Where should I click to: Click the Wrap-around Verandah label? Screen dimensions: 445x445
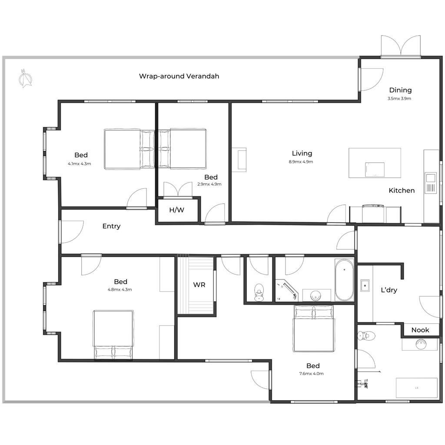tap(179, 76)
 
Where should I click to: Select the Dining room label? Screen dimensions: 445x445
tap(400, 90)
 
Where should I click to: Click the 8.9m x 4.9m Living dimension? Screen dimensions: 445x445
tap(301, 162)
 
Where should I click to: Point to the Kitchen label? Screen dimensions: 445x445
tap(402, 190)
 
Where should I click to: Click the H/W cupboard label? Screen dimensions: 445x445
tap(176, 210)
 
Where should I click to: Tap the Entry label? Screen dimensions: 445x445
tap(111, 226)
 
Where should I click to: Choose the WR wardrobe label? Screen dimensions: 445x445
tap(199, 285)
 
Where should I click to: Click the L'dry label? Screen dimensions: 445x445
tap(389, 290)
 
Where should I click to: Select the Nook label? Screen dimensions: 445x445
tap(420, 330)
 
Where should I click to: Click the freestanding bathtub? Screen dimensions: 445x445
tap(344, 280)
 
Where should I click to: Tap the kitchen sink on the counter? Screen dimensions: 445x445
tap(431, 183)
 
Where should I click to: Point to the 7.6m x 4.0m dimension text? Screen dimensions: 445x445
tap(311, 373)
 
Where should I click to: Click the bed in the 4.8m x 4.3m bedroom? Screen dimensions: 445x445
tap(113, 335)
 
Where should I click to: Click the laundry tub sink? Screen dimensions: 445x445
tap(365, 286)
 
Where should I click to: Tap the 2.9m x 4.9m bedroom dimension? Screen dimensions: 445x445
tap(209, 184)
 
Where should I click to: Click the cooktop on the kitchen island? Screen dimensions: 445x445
tap(375, 169)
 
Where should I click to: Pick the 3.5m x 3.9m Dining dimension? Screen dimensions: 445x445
tap(399, 99)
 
